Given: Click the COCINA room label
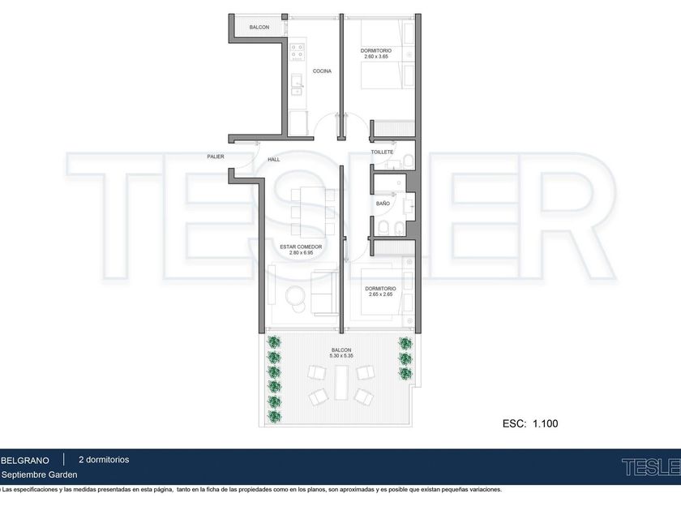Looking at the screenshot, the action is pos(322,71).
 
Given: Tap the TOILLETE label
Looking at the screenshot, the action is pos(382,152).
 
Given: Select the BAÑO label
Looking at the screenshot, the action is pos(383,204).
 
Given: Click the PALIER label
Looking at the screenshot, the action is pos(216,157).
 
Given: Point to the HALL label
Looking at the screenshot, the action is pos(274,160).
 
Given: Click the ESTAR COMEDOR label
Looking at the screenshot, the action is pos(301,247).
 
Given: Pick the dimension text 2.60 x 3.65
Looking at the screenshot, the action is pos(376,57).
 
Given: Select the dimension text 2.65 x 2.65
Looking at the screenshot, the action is pos(380,294).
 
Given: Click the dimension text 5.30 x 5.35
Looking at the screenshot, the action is pos(341,355).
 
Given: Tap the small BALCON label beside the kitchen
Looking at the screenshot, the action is pos(259,27).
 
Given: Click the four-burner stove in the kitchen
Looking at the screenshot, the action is pos(298,50).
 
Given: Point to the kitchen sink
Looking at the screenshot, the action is pos(298,84).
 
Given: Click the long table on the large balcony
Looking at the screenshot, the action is pos(341,382).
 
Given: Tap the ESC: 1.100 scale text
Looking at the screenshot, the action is pos(530,423).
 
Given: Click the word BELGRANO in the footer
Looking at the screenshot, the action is pos(25,460).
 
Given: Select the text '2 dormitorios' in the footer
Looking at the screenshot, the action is pos(104,460).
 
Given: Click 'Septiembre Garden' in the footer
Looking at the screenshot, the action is pos(39,475).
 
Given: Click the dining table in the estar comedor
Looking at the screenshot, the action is pos(312,211).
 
